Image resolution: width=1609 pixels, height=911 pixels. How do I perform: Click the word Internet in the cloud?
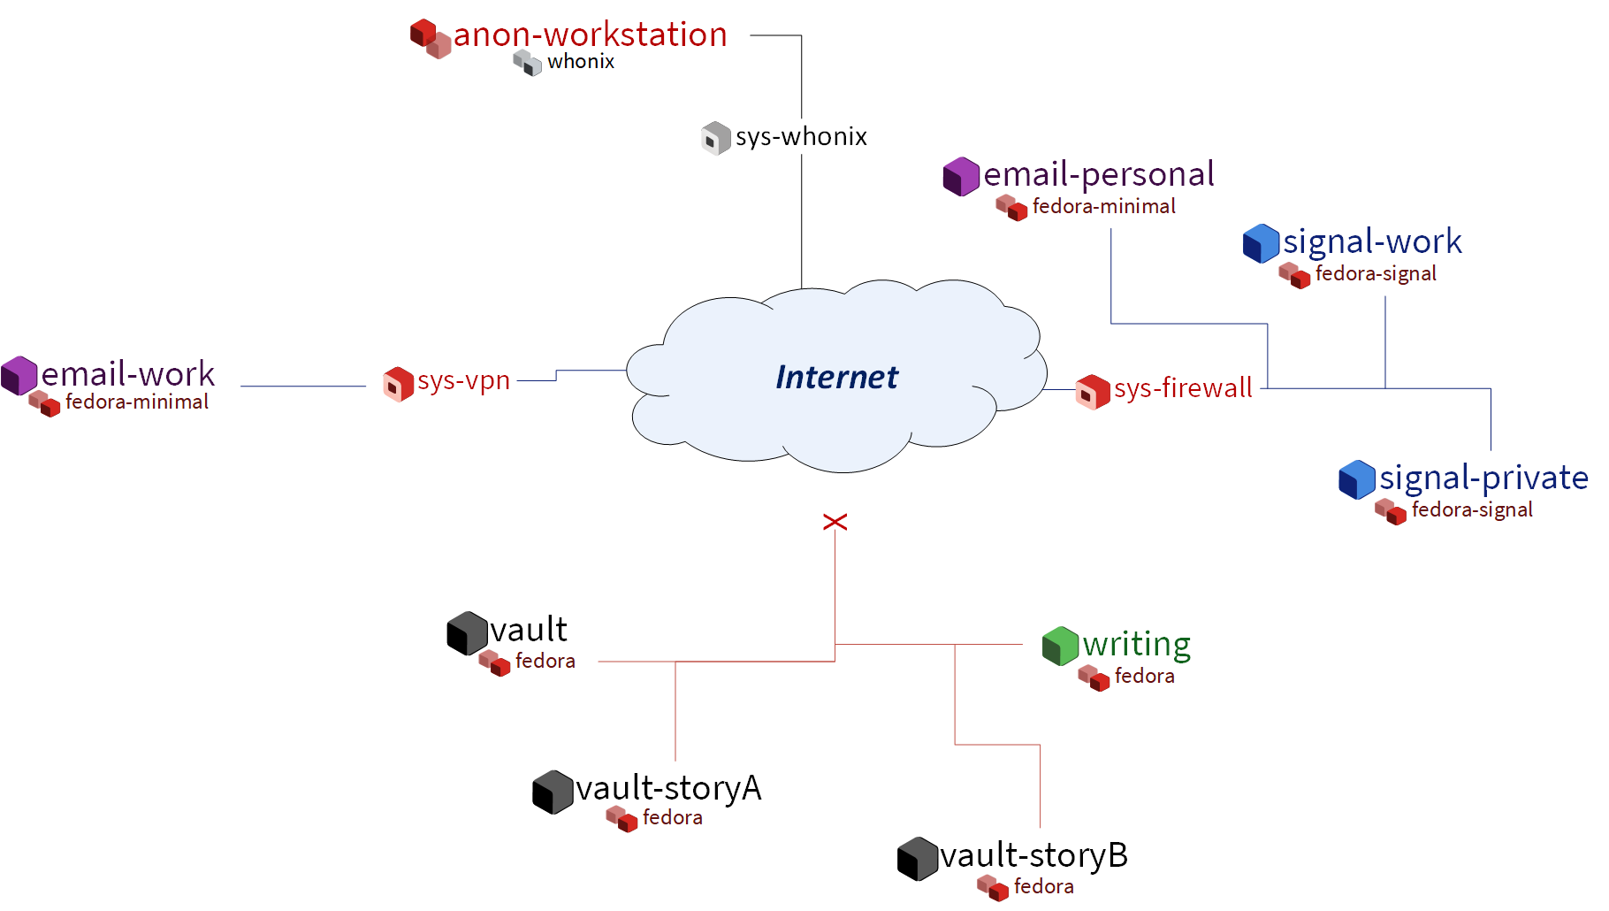click(836, 378)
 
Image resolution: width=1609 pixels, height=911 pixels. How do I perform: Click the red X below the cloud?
click(835, 522)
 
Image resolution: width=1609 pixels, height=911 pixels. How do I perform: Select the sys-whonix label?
click(801, 137)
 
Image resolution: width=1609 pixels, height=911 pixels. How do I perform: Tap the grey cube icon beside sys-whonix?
click(715, 138)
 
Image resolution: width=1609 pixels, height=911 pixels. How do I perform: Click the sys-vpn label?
click(463, 381)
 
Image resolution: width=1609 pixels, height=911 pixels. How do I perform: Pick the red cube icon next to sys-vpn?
click(398, 384)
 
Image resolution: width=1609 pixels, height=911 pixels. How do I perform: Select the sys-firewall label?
click(1182, 388)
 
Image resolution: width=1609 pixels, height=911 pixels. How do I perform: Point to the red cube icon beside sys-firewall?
click(1093, 392)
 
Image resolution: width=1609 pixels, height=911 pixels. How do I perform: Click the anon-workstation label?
click(590, 35)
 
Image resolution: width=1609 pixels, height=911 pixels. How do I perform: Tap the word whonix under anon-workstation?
click(580, 62)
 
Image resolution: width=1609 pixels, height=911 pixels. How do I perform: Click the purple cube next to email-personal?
click(961, 176)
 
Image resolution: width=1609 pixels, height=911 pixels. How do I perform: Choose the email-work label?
click(127, 374)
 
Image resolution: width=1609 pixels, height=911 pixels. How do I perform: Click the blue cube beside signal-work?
click(1261, 243)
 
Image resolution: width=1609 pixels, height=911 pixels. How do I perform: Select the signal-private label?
click(1483, 478)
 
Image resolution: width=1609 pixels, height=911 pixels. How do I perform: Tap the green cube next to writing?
click(1060, 646)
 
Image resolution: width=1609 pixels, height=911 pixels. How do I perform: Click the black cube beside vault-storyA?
click(553, 792)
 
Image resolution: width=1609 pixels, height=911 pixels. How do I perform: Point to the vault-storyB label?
click(1033, 856)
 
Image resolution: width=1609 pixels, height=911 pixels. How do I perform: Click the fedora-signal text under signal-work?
click(1375, 274)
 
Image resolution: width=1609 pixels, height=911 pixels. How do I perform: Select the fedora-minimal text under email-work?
click(136, 402)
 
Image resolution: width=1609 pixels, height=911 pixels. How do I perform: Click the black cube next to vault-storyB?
click(917, 859)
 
